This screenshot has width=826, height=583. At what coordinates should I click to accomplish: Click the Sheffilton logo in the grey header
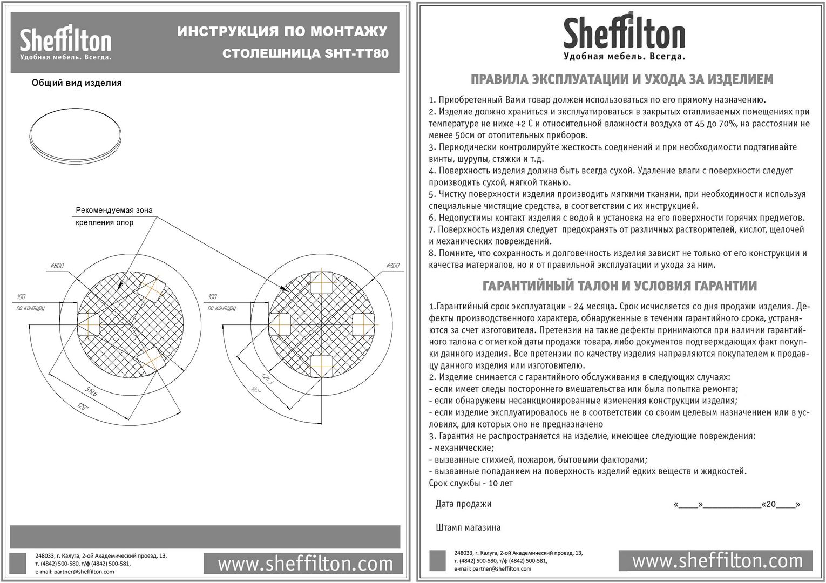click(65, 44)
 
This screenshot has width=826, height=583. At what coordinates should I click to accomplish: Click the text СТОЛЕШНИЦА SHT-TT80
click(306, 54)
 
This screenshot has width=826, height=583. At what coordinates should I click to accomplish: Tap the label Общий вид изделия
click(77, 83)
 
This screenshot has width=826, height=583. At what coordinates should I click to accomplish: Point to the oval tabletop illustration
click(75, 135)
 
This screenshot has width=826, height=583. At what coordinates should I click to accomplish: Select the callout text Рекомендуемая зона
click(114, 210)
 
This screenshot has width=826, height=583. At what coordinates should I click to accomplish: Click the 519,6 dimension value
click(90, 392)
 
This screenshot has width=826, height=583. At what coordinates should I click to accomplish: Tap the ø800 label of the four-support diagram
click(392, 266)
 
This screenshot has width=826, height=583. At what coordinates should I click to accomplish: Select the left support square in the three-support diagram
click(89, 323)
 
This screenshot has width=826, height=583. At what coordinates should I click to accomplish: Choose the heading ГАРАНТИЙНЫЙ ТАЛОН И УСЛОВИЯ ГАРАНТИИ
click(619, 286)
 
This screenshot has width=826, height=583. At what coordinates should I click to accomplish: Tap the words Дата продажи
click(463, 504)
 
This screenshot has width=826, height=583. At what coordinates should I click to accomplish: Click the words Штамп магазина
click(468, 527)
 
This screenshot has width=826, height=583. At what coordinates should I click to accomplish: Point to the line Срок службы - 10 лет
click(471, 483)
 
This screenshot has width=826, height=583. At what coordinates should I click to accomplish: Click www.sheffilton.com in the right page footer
click(717, 561)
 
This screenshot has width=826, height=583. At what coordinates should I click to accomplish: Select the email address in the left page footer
click(75, 572)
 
